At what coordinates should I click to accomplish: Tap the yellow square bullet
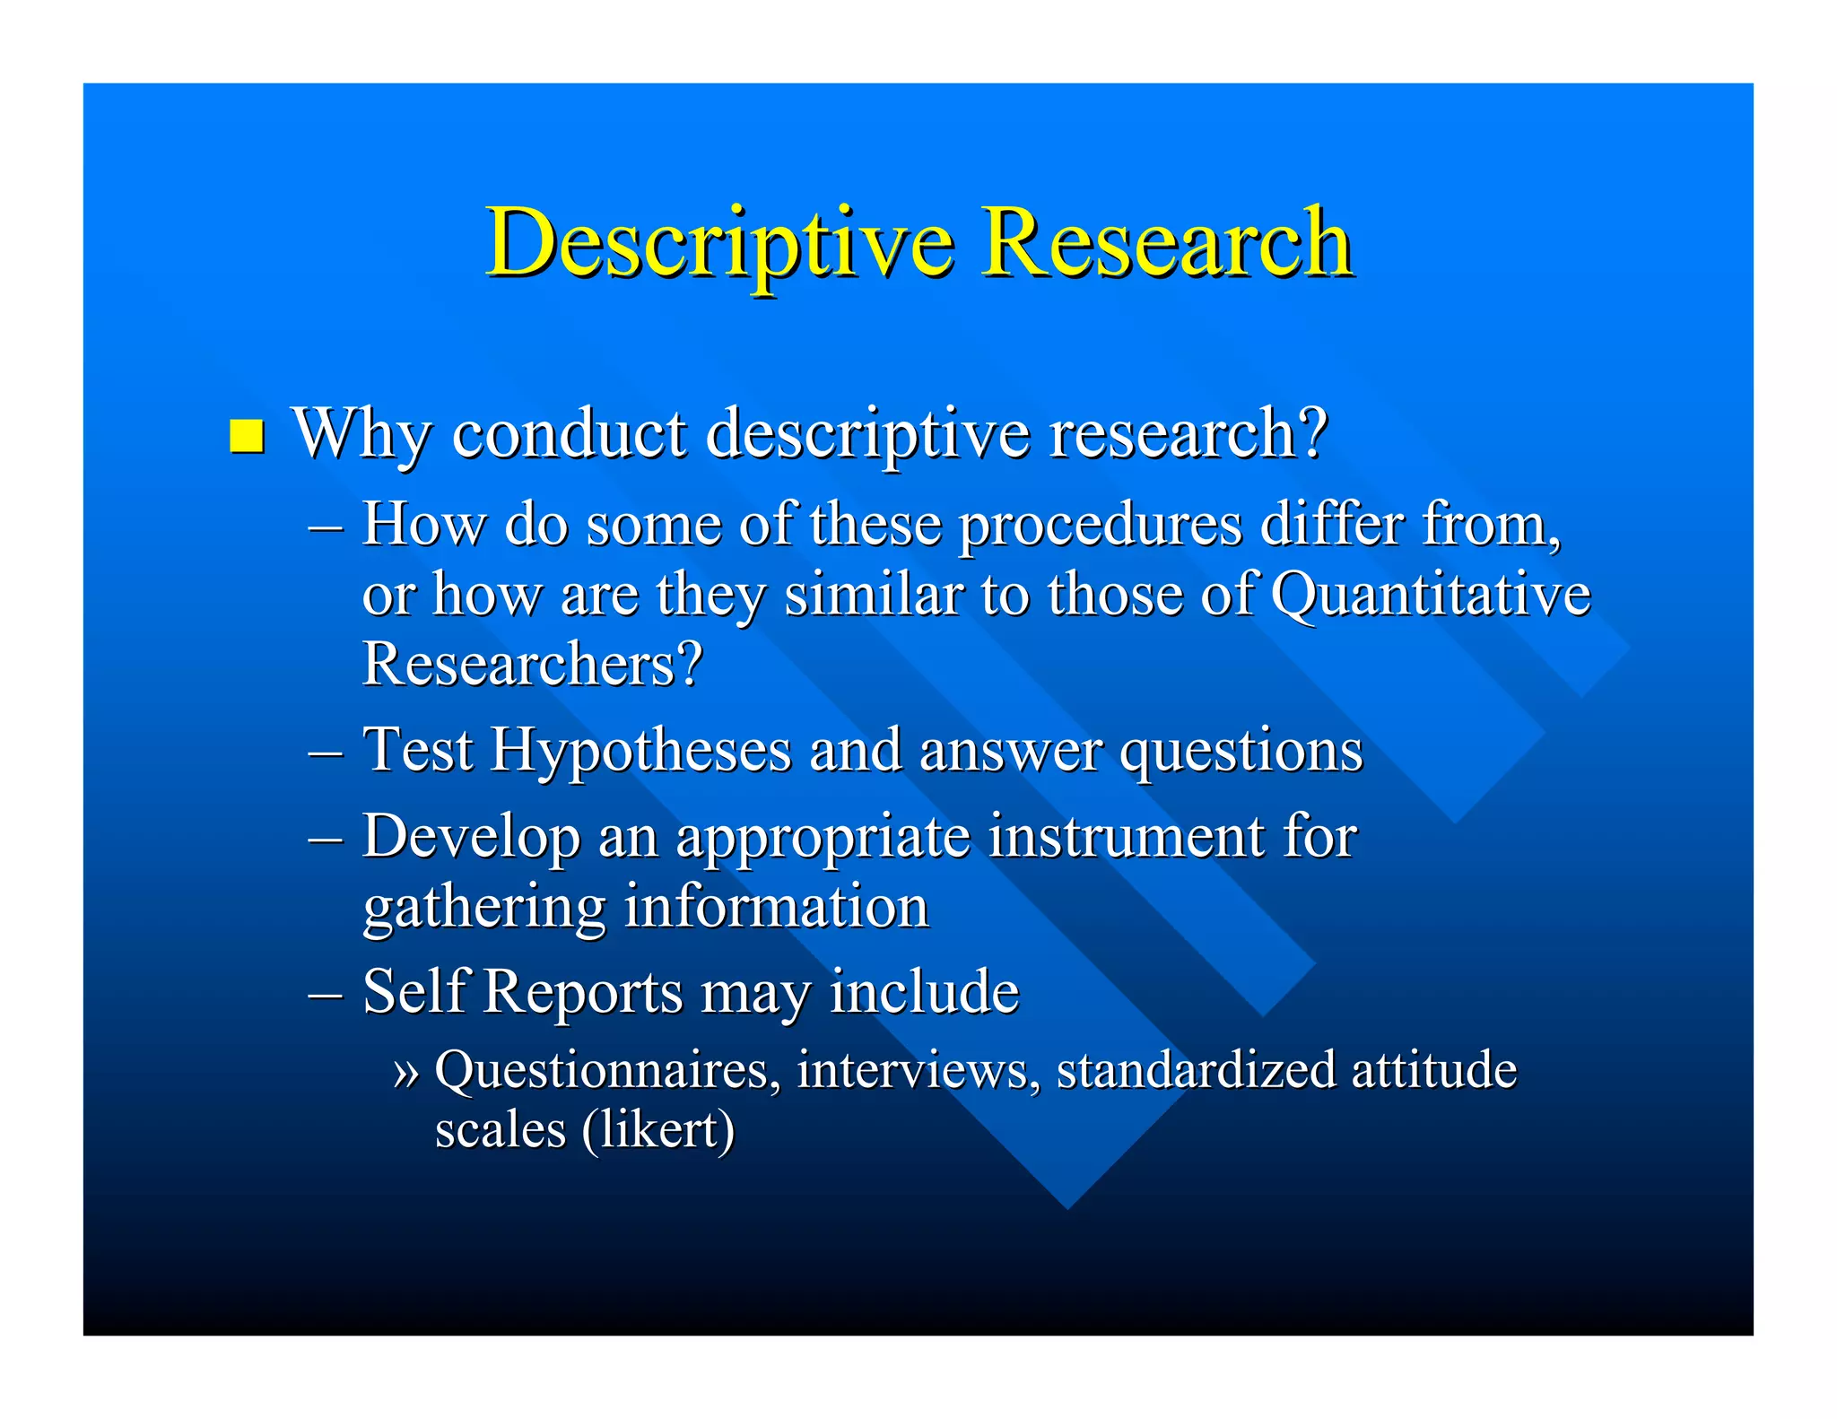[x=247, y=436]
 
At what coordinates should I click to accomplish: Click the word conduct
[x=569, y=434]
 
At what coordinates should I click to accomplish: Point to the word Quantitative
[x=1431, y=596]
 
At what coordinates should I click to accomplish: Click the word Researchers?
[x=532, y=665]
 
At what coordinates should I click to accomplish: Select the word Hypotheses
[x=640, y=750]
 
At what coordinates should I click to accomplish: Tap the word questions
[x=1241, y=752]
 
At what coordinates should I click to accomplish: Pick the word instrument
[x=1127, y=836]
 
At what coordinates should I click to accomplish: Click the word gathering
[x=484, y=908]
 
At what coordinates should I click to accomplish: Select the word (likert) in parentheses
[x=657, y=1130]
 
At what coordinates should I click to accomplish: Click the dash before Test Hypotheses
[x=325, y=752]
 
